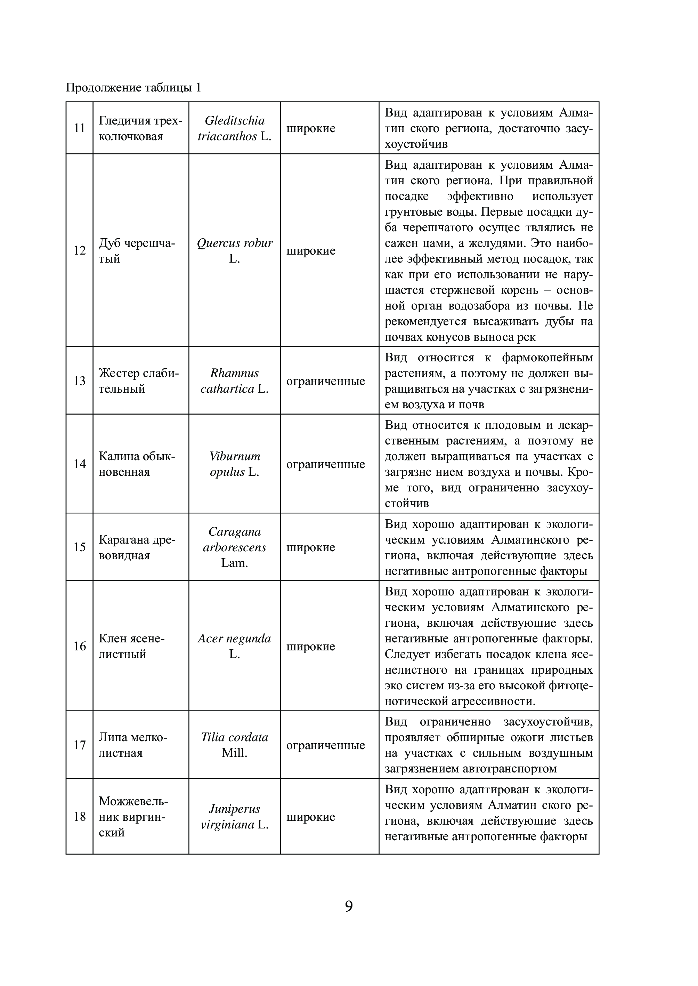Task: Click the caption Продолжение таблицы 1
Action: coord(133,88)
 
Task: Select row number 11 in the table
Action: coord(80,128)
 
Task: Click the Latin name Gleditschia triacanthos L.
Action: coord(234,128)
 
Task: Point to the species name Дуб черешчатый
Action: coord(137,251)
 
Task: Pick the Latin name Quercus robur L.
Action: coord(234,251)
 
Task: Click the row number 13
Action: coord(80,381)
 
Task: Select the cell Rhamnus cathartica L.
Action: coord(234,381)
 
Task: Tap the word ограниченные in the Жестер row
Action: coord(325,381)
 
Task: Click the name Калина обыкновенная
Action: coord(137,464)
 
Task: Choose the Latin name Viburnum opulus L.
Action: coord(234,464)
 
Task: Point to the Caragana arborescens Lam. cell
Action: coord(234,547)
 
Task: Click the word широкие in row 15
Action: coord(311,547)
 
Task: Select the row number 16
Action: coord(80,646)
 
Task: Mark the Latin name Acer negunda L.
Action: coord(234,646)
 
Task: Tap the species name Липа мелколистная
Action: coord(133,745)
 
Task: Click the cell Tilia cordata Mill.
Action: coord(234,745)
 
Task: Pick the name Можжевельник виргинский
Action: coord(133,817)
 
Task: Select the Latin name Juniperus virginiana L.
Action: coord(234,817)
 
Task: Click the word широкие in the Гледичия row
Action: coord(311,128)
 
